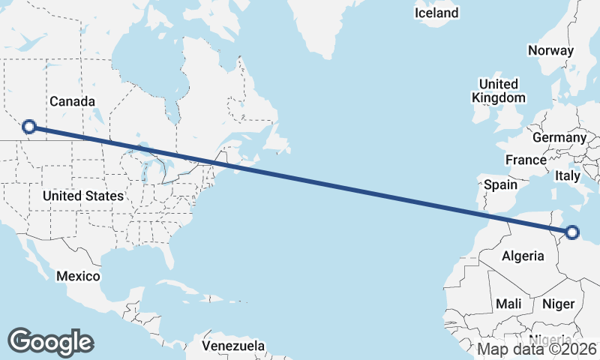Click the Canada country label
(x=72, y=101)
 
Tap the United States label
(x=82, y=196)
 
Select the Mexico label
(x=78, y=276)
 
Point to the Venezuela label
(x=233, y=346)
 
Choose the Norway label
(x=550, y=51)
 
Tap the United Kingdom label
(x=498, y=91)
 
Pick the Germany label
(x=559, y=138)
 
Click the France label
(x=526, y=160)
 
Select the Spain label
(x=500, y=184)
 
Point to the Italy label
(x=568, y=175)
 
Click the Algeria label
(x=523, y=256)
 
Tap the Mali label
(x=508, y=304)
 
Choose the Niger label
(x=557, y=304)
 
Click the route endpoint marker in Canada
(x=29, y=127)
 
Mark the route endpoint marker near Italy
(x=572, y=232)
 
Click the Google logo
(x=50, y=341)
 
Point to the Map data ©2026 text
(x=537, y=349)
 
